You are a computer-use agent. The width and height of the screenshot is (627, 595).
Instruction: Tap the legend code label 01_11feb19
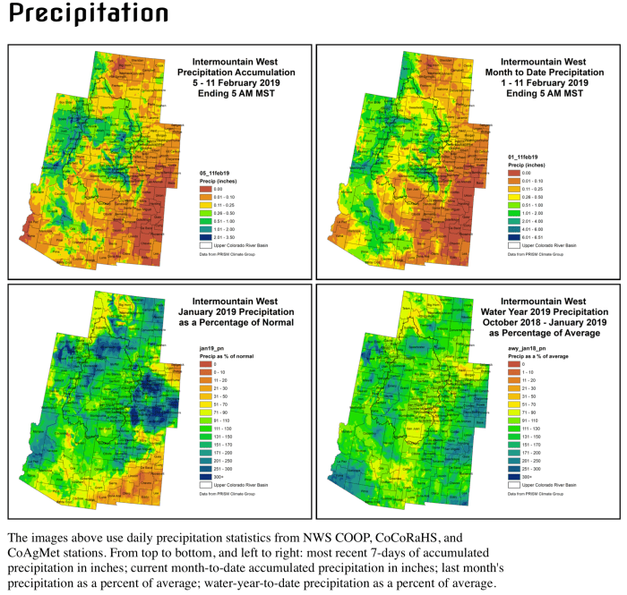(512, 157)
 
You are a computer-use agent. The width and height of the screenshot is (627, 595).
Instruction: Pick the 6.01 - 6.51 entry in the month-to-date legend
(502, 236)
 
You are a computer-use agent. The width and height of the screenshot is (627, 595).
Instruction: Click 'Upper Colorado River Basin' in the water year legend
(542, 484)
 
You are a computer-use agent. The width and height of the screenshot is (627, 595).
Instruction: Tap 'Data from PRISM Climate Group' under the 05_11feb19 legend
(235, 254)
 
